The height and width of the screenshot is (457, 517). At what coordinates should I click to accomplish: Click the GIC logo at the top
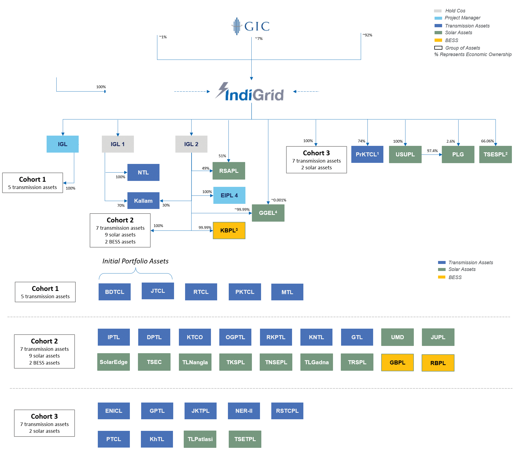(251, 26)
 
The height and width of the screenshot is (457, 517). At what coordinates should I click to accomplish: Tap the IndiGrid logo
(249, 92)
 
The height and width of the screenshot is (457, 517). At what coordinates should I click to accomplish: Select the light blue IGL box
(63, 144)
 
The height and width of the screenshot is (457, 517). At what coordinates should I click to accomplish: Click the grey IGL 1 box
(118, 144)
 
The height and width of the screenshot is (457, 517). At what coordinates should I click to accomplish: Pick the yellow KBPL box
(229, 231)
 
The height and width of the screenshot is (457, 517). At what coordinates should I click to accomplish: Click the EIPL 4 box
(229, 195)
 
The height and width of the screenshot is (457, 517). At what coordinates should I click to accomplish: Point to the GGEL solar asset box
(268, 213)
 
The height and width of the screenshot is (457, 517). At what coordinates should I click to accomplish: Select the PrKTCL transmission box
(367, 154)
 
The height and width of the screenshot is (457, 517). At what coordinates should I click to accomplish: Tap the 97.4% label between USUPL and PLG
(432, 151)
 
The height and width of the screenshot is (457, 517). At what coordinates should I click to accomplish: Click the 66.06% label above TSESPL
(487, 141)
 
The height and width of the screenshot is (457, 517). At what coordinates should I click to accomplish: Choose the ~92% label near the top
(367, 35)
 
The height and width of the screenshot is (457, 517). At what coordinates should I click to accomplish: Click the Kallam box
(143, 201)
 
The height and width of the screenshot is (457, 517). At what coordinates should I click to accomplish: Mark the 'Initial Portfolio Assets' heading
(135, 261)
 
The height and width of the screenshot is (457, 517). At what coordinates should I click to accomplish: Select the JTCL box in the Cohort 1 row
(158, 291)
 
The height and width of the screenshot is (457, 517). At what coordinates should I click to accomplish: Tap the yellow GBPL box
(397, 362)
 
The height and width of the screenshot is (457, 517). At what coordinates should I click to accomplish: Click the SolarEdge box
(113, 362)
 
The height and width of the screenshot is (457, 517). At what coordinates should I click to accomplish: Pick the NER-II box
(244, 411)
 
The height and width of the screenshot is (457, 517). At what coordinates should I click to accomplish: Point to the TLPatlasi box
(200, 439)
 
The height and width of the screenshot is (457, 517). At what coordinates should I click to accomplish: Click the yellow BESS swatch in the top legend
(438, 40)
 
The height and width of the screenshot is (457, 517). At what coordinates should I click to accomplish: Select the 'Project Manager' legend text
(462, 18)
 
